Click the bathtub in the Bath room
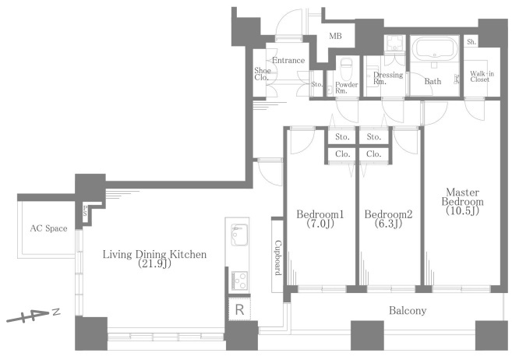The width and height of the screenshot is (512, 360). [433, 49]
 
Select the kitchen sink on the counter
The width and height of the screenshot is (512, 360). [239, 235]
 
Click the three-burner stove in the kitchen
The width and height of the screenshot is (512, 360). [239, 281]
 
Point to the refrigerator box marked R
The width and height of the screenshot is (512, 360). [239, 309]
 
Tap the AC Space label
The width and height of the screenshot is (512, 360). [48, 228]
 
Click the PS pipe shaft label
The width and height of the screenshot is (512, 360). [85, 210]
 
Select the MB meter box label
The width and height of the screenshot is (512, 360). [335, 36]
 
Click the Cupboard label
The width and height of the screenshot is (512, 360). [278, 258]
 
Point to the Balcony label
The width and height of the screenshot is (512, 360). [408, 310]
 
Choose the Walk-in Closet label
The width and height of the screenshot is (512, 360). [482, 76]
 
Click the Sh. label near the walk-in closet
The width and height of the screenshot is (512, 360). [471, 42]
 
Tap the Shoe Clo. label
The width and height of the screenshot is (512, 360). [262, 74]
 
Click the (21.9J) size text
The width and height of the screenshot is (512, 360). [154, 263]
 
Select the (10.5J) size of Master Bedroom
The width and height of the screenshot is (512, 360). [462, 211]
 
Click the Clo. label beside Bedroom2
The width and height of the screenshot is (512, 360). [374, 154]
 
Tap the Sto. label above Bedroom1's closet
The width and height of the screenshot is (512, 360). [342, 137]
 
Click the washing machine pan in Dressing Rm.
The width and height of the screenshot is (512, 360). [395, 43]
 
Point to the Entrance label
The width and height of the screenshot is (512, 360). [288, 60]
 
